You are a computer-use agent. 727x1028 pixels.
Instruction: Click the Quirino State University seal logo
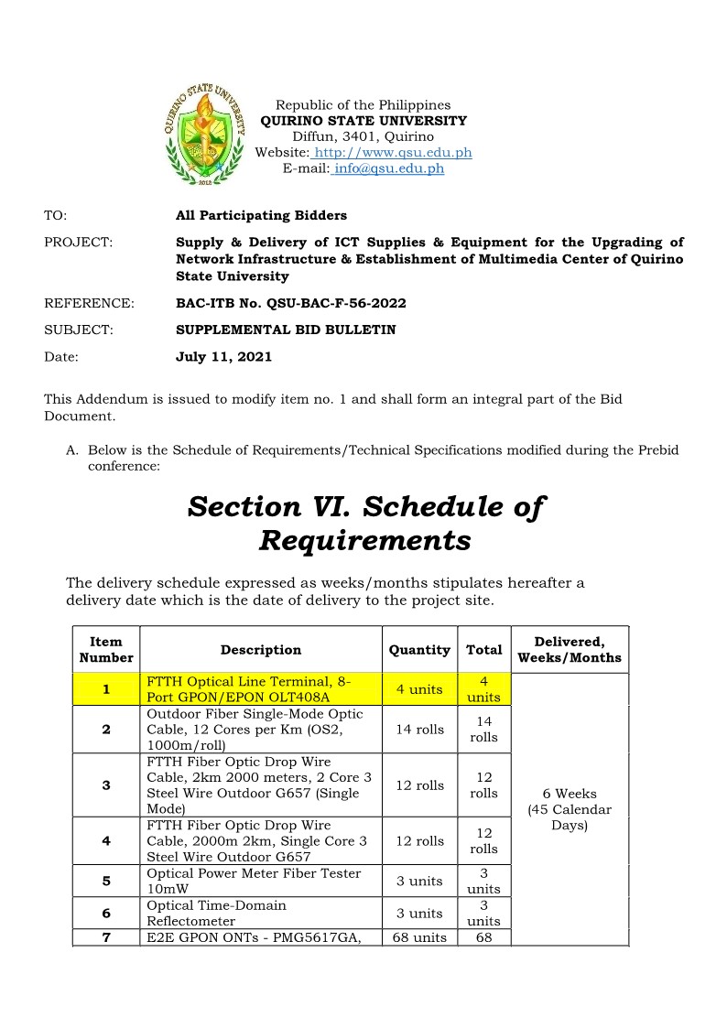click(206, 135)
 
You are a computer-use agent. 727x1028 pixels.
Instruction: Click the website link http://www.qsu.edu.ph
click(393, 153)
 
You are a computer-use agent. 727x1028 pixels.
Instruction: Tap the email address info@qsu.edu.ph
click(389, 168)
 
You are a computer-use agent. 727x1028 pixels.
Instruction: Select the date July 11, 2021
click(223, 357)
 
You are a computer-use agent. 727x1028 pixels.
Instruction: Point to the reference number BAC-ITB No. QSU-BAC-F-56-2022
click(290, 303)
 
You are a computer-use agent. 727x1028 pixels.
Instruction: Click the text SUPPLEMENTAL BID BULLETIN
click(286, 330)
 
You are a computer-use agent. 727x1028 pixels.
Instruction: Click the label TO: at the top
click(56, 216)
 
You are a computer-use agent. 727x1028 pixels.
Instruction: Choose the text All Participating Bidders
click(261, 216)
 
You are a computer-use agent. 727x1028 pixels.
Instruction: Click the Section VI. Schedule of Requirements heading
click(365, 523)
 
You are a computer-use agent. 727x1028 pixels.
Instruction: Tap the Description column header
click(261, 650)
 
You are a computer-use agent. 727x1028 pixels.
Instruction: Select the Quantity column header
click(419, 650)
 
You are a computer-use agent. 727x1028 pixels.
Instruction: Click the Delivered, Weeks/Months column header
click(569, 650)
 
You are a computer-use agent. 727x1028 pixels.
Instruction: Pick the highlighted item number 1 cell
click(107, 689)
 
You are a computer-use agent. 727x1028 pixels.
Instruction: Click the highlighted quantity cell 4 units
click(419, 689)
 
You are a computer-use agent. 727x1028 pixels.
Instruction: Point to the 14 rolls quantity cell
click(419, 730)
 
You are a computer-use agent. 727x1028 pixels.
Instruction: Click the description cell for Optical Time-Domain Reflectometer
click(261, 913)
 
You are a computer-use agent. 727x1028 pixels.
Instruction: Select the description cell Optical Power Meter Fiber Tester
click(261, 881)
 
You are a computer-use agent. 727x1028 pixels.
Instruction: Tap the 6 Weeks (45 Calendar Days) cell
click(569, 809)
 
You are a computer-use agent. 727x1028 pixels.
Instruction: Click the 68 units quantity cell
click(419, 937)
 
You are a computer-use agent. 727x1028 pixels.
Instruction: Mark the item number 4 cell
click(107, 841)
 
